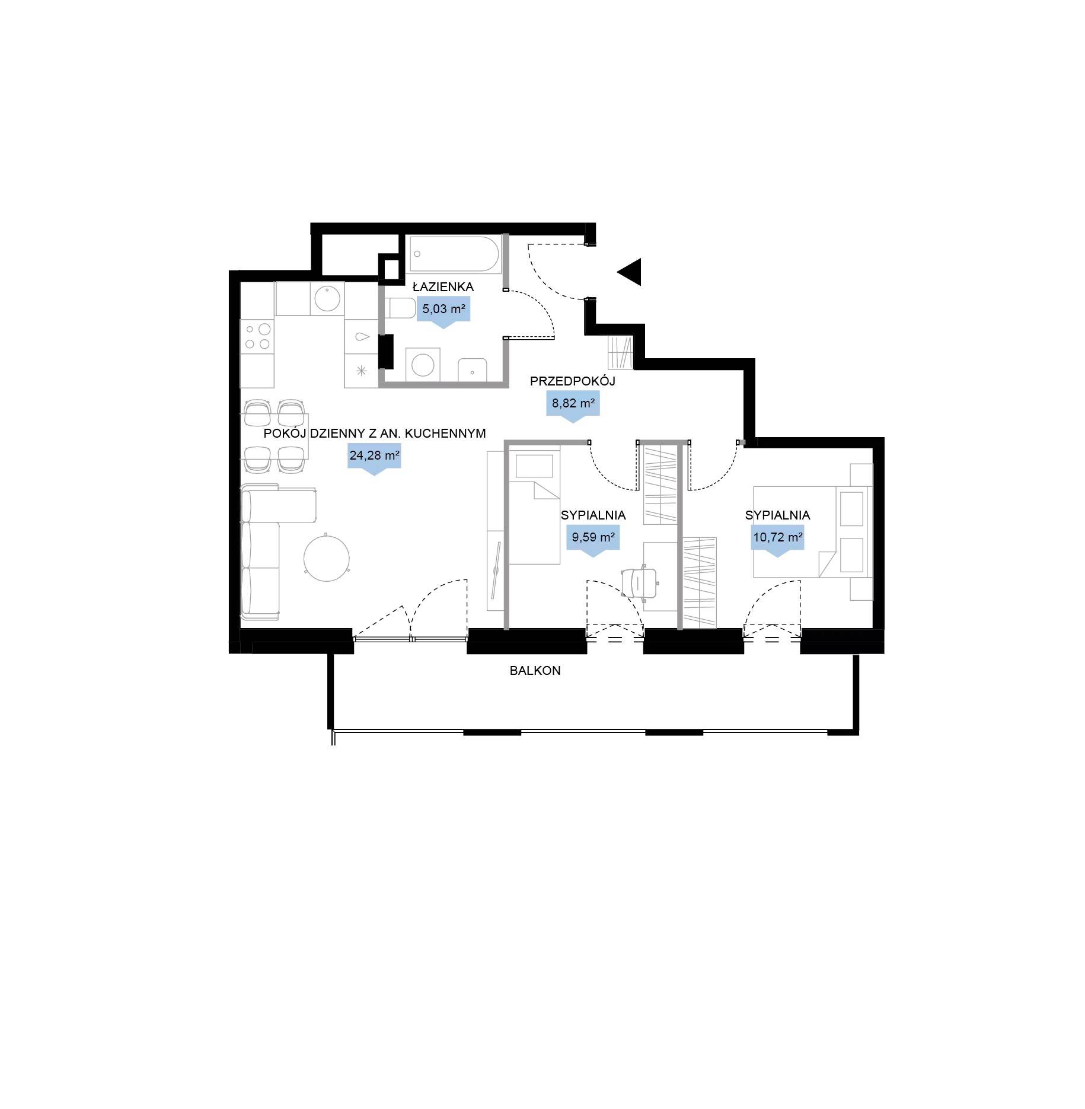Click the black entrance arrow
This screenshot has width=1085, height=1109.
[x=630, y=272]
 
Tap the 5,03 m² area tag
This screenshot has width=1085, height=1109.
[x=443, y=311]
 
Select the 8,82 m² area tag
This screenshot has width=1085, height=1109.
[x=573, y=406]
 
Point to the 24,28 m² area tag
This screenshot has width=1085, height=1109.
[x=374, y=458]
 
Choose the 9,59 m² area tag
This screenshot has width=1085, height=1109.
[x=593, y=540]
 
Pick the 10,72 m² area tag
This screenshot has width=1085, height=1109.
[x=778, y=540]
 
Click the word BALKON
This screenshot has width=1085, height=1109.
[x=535, y=671]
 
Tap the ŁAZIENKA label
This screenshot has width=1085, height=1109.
[x=443, y=286]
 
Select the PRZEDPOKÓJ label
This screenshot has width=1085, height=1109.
[x=573, y=381]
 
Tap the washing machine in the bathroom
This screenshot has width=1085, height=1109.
[x=423, y=365]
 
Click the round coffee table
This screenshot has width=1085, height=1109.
[x=327, y=558]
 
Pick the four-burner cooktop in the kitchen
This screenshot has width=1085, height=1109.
[x=257, y=337]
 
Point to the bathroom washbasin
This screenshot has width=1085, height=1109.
[x=473, y=371]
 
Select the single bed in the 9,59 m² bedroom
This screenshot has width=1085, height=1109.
[x=534, y=509]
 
